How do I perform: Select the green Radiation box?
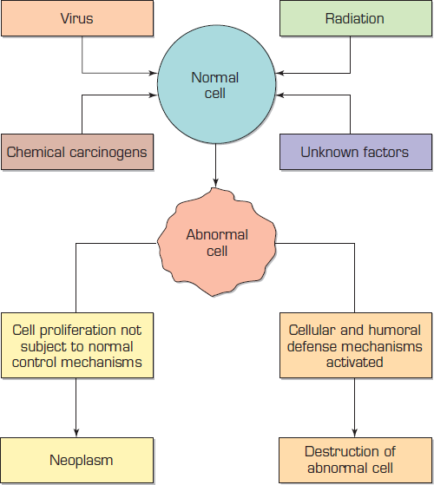coord(354,18)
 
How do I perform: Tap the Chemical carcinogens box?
coord(76,153)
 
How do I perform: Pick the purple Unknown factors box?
coord(354,153)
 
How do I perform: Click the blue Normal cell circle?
coord(214,85)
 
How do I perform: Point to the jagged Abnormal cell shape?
coord(217,242)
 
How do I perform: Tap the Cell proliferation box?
coord(76,345)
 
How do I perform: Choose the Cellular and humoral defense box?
coord(354,345)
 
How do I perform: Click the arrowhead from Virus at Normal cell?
coord(154,72)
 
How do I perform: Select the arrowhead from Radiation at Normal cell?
coord(277,72)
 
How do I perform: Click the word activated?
coord(354,362)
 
